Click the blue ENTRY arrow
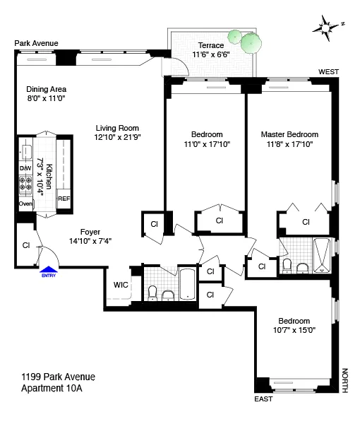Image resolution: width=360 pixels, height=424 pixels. point(48,269)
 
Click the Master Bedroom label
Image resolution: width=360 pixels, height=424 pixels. point(289,134)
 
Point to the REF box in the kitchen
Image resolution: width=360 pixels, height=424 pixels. point(64,199)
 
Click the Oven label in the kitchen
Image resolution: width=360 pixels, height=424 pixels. point(26,204)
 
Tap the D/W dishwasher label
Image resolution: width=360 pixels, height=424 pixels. point(25,168)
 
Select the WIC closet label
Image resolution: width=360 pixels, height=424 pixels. point(120,285)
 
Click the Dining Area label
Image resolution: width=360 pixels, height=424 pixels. point(47,89)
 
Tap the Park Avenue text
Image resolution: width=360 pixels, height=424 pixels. point(35,44)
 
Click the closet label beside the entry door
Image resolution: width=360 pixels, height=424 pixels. point(25,246)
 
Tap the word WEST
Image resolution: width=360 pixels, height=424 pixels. point(329,72)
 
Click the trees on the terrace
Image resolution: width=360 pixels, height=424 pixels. point(244,42)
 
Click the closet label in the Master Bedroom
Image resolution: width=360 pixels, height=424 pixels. point(306,221)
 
